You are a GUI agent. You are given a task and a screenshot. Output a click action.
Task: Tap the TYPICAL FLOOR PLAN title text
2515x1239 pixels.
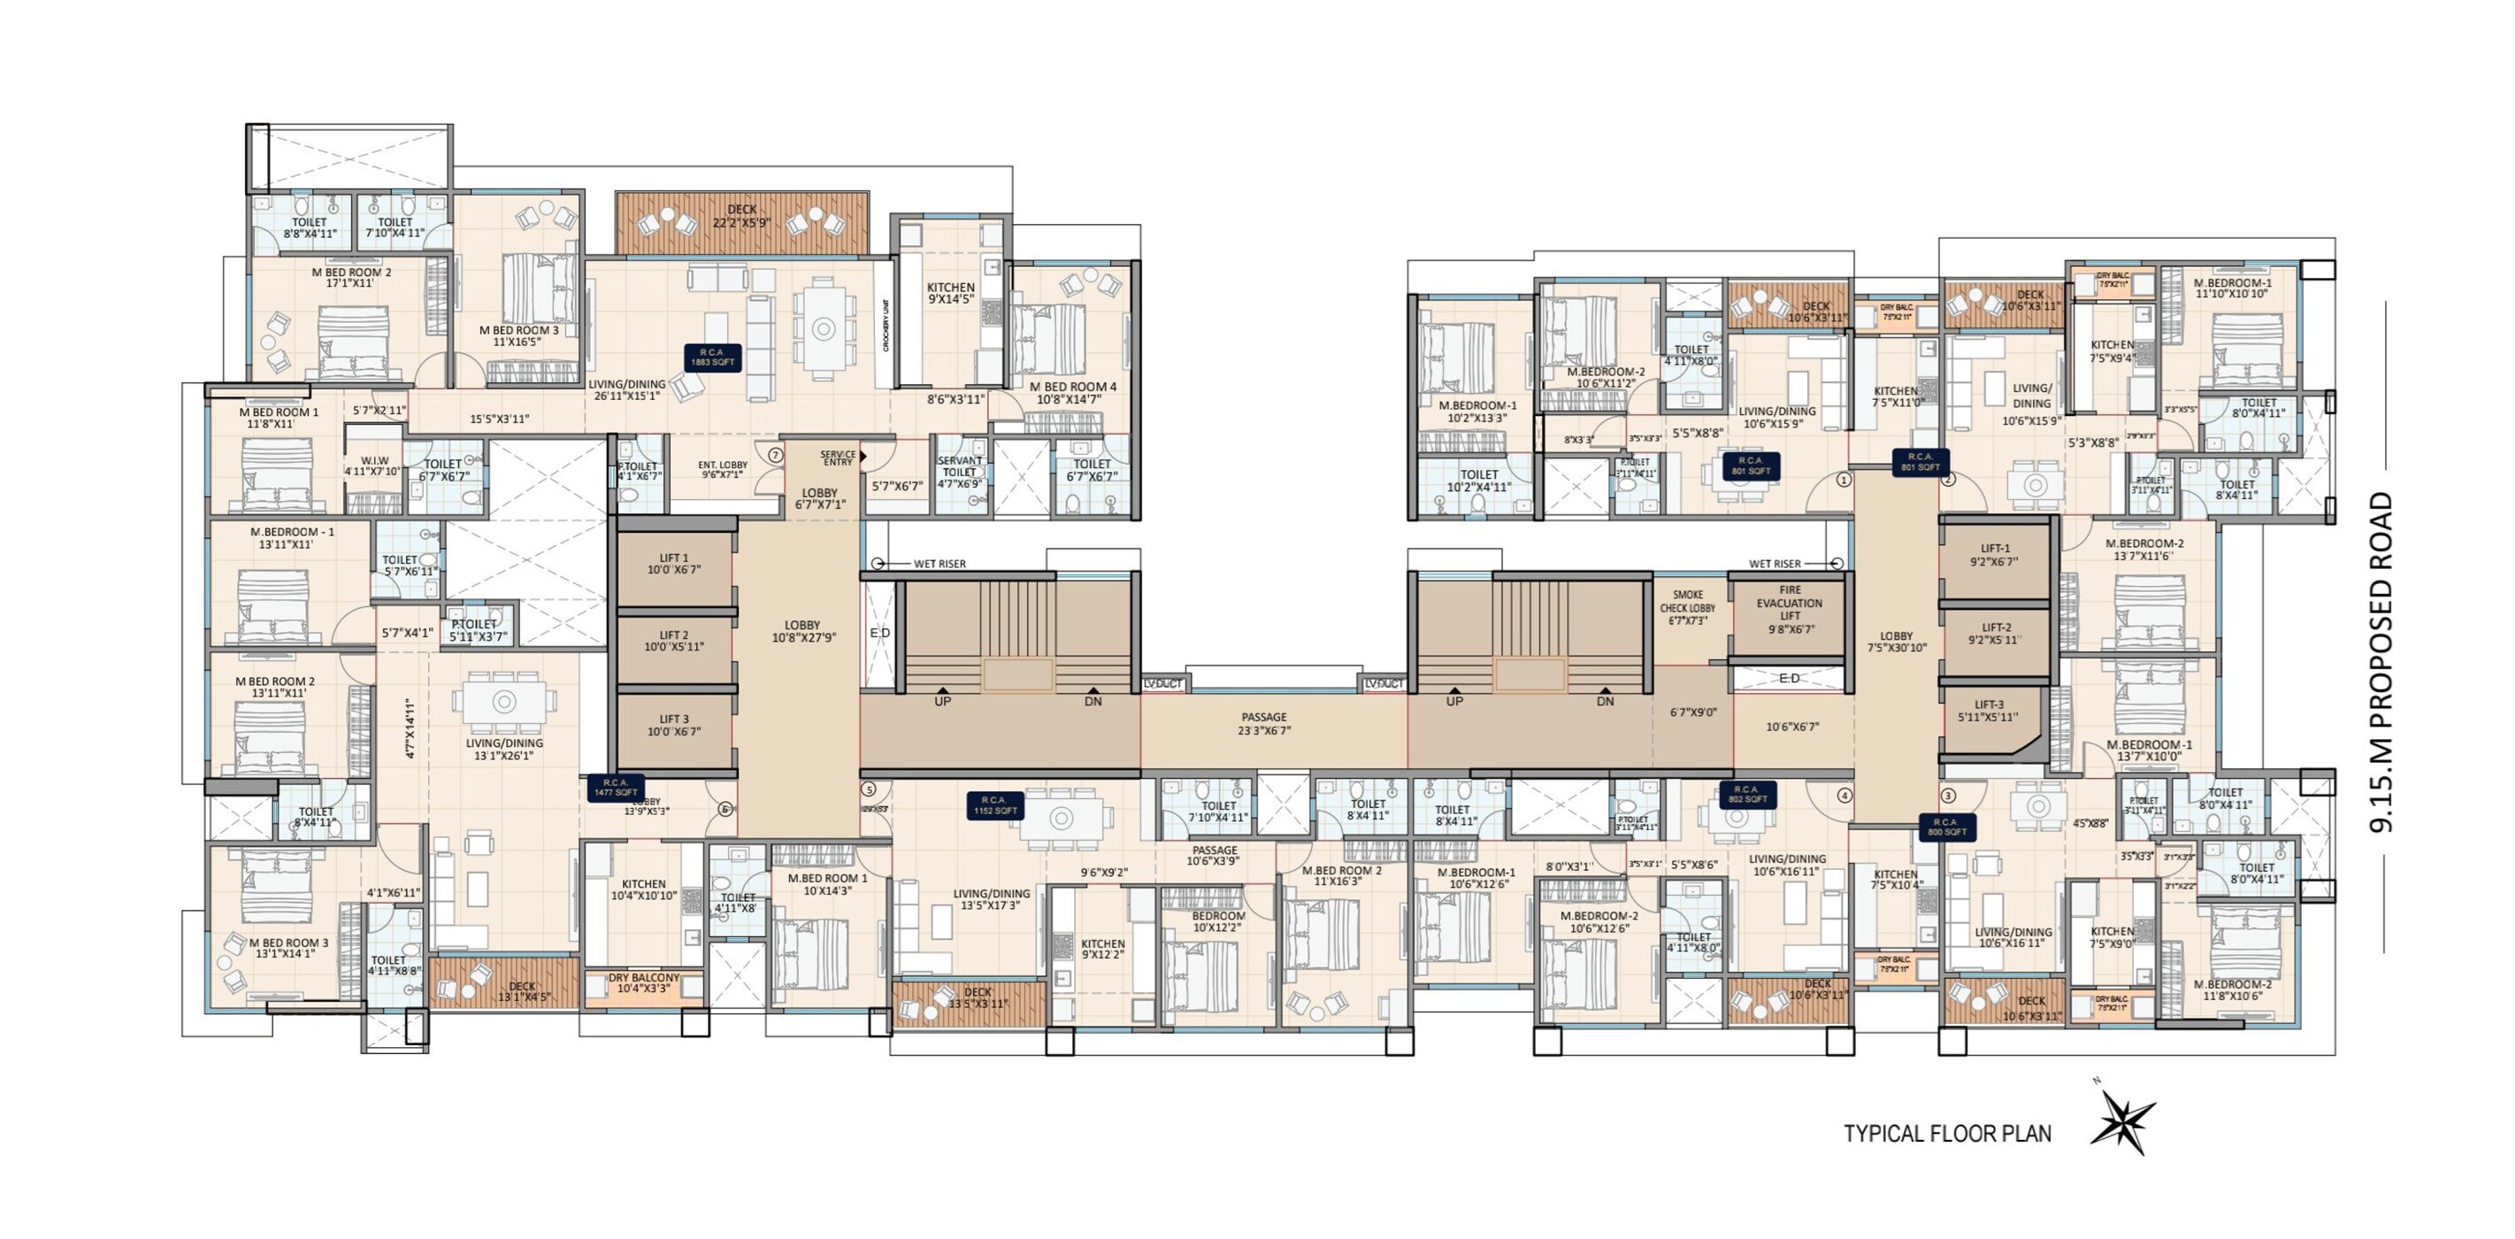pos(1947,1134)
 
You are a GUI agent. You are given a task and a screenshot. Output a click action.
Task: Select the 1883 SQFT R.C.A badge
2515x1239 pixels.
pos(712,357)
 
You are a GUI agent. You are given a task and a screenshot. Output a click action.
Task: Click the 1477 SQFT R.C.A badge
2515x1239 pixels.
pos(615,787)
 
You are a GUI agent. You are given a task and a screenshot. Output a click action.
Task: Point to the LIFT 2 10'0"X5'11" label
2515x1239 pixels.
pos(674,641)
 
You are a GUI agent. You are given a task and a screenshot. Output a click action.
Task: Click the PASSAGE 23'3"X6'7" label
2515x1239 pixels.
pos(1264,722)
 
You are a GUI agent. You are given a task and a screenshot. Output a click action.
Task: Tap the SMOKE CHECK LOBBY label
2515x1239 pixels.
pos(1687,607)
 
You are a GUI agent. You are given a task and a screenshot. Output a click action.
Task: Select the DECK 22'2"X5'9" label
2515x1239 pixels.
pos(742,216)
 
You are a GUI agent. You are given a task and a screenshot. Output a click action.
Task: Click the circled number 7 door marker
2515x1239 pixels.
pos(775,455)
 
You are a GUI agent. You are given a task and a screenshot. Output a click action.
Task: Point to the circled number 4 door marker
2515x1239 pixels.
pos(1844,795)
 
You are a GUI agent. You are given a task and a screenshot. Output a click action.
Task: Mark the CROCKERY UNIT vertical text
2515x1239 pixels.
pos(886,325)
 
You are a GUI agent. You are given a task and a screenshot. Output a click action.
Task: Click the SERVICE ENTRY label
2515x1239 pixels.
pos(838,458)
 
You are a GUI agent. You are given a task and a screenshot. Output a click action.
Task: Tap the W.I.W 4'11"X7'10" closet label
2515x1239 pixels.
pos(373,466)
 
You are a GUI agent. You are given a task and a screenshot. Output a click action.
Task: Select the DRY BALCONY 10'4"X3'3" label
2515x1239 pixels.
pos(643,982)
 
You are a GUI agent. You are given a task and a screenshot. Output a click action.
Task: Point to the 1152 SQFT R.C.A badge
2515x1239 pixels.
pos(995,805)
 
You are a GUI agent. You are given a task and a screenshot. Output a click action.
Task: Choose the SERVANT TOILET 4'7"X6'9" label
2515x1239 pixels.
pos(960,472)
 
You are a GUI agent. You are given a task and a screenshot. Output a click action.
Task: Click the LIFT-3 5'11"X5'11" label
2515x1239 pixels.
pos(1989,710)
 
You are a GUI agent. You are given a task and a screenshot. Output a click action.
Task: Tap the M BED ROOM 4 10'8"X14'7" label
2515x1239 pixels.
pos(1073,392)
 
